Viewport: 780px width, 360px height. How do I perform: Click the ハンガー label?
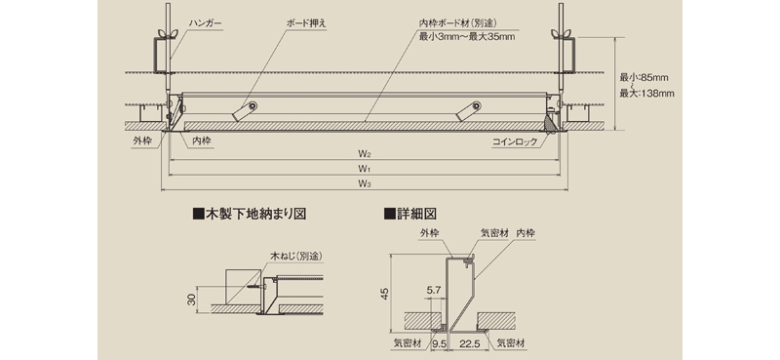(205, 23)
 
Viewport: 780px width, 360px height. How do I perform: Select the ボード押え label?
(307, 22)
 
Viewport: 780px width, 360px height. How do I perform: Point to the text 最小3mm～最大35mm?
(467, 36)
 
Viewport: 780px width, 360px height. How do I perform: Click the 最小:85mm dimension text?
(643, 78)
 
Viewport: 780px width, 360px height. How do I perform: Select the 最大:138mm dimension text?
(646, 93)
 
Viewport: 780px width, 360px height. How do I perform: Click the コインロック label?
(515, 141)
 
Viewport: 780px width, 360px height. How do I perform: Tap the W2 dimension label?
(365, 154)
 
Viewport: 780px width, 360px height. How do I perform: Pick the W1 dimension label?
(365, 169)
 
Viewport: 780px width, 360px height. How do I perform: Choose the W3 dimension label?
(365, 183)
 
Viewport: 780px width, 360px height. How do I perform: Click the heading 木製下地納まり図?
(250, 214)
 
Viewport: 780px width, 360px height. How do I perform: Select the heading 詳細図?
(410, 214)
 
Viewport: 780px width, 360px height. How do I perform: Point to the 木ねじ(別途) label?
(296, 257)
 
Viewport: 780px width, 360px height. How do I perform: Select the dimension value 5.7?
(433, 290)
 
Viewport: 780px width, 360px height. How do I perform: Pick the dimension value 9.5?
(439, 343)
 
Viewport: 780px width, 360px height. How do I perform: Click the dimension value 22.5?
(470, 343)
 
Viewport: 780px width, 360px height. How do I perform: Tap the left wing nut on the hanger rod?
(162, 34)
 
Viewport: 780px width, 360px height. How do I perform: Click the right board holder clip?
(468, 111)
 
